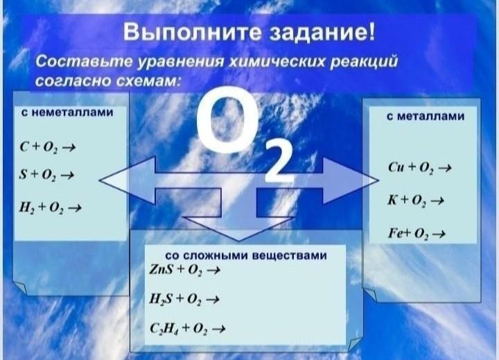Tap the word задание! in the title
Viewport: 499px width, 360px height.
click(322, 33)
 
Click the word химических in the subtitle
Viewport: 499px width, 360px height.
click(277, 60)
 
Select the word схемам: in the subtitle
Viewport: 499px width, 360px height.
click(148, 81)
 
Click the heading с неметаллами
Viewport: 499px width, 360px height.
click(67, 112)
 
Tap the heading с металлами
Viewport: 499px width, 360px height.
click(426, 117)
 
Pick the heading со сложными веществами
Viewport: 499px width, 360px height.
click(245, 255)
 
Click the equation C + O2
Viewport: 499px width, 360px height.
click(47, 147)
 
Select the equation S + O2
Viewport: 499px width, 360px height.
click(46, 175)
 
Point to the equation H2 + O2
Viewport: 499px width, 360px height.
click(51, 207)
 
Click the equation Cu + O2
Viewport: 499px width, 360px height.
click(420, 168)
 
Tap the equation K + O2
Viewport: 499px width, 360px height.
click(416, 200)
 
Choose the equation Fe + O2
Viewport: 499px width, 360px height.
click(417, 234)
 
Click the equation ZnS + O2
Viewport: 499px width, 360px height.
click(185, 270)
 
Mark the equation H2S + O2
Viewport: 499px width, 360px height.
click(184, 300)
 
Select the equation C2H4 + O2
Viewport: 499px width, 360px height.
click(188, 329)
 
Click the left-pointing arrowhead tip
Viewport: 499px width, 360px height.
click(99, 180)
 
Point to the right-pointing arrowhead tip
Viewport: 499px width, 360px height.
click(378, 180)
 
